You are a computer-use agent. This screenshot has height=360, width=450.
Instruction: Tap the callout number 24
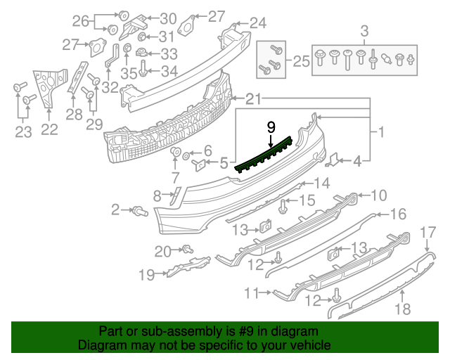coord(257,23)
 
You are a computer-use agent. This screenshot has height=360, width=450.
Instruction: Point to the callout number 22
coord(49,129)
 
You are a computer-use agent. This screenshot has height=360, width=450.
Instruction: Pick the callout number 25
coord(301,62)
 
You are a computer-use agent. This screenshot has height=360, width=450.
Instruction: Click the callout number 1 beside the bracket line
coord(380,131)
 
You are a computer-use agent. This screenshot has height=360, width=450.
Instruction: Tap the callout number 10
coord(378,195)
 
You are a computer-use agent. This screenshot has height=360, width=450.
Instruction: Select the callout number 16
coord(398,214)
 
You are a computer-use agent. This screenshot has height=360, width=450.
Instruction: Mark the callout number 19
coord(146,275)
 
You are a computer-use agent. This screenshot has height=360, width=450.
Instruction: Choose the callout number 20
coord(162,251)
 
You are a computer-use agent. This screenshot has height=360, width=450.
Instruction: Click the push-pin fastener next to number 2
coord(139,210)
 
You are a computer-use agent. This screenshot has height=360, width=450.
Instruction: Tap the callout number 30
coord(168,18)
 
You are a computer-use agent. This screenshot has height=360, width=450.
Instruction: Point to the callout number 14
coord(321,184)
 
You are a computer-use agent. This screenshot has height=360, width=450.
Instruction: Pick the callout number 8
coord(157,195)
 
